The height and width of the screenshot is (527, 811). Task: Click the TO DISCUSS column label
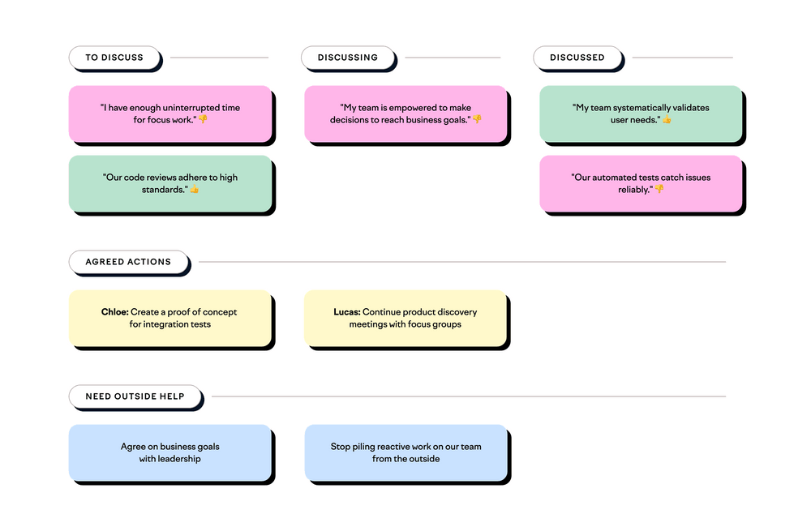[114, 58]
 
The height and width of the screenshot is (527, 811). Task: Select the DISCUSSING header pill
[347, 58]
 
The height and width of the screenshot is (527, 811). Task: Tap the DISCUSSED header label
[577, 58]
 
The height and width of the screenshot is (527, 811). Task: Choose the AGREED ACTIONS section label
[128, 262]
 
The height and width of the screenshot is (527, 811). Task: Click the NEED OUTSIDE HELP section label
[135, 396]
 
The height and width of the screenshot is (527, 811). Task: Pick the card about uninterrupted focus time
[169, 114]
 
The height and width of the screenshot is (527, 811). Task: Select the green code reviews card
[169, 183]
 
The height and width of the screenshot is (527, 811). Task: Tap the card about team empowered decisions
[405, 114]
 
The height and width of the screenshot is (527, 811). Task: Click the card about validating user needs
[641, 114]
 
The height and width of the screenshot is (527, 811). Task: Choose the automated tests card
[641, 183]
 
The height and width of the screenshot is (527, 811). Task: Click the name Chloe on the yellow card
[114, 312]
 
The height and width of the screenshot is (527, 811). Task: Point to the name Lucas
[346, 312]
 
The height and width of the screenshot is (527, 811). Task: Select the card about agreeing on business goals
[169, 452]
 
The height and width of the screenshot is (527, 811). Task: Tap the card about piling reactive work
[405, 452]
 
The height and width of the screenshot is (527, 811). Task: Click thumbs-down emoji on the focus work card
[204, 119]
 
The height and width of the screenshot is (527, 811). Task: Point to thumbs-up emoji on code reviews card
[195, 190]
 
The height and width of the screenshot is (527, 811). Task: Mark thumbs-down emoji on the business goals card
[478, 119]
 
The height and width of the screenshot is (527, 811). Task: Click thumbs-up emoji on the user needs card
[667, 120]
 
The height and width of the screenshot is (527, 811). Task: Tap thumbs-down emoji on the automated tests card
[659, 189]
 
